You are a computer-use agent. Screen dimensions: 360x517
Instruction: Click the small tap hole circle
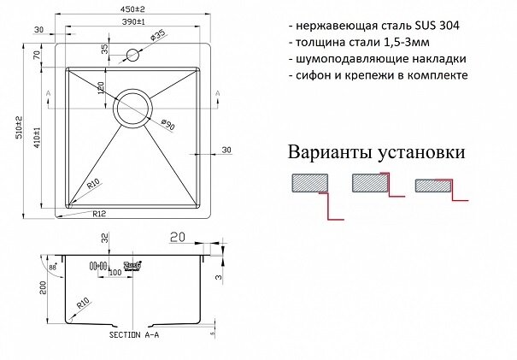pyautogui.click(x=134, y=56)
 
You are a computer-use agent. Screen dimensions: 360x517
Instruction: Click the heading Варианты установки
pyautogui.click(x=376, y=153)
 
